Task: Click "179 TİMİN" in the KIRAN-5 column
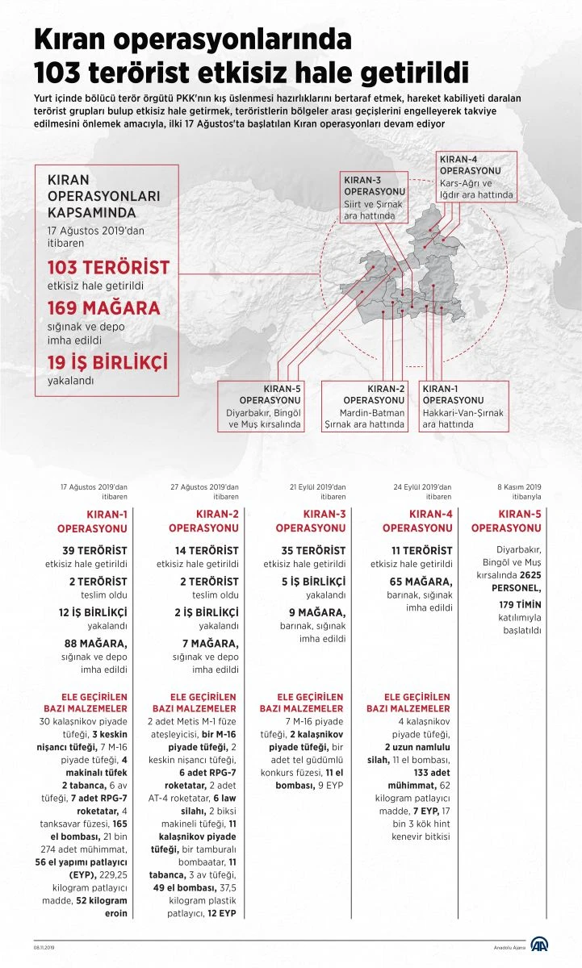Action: tap(520, 604)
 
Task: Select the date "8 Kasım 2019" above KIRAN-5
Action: tap(518, 487)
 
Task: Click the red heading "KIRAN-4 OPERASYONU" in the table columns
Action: tap(417, 521)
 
